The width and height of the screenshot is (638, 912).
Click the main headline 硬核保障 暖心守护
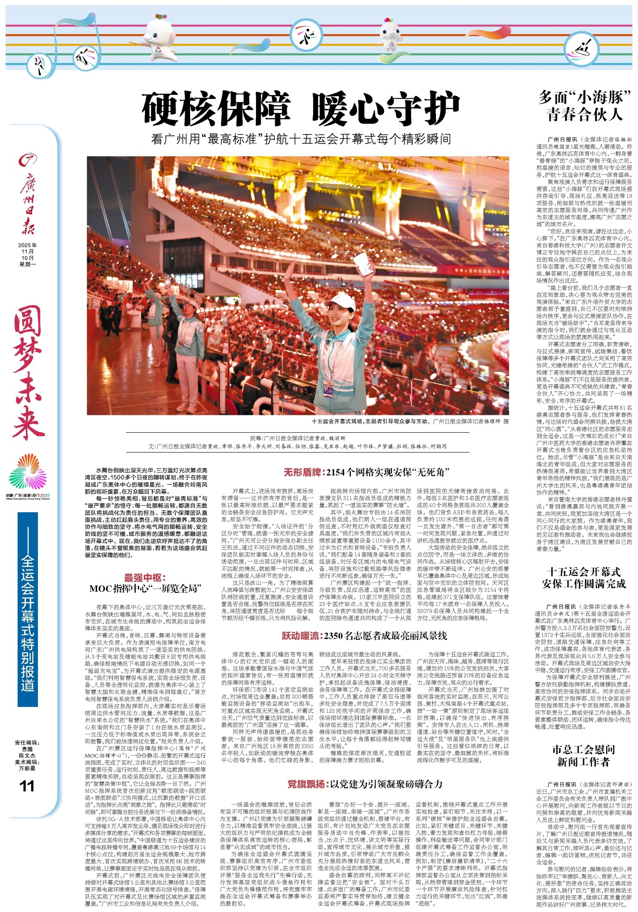pos(301,109)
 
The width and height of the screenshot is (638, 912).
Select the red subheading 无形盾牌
pos(304,472)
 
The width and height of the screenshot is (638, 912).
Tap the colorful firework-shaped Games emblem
pos(28,473)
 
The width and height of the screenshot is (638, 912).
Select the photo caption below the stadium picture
pos(410,421)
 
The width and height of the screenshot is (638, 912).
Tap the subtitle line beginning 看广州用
pos(301,139)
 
